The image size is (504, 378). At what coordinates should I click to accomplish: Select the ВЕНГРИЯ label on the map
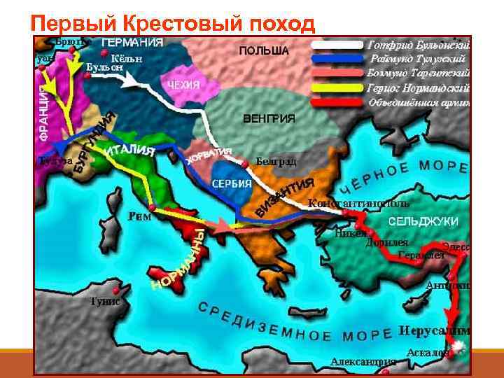click(x=269, y=118)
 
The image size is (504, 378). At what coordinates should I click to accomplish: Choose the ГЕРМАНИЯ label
click(x=133, y=42)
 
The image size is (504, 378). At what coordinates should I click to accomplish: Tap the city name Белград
click(x=276, y=162)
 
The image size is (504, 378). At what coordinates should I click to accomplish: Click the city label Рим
click(x=140, y=217)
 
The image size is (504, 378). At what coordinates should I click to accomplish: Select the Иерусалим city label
click(x=434, y=330)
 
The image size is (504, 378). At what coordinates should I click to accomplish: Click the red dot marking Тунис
click(x=125, y=288)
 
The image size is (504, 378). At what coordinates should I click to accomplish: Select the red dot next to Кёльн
click(x=104, y=53)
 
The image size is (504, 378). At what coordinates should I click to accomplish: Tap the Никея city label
click(x=349, y=233)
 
